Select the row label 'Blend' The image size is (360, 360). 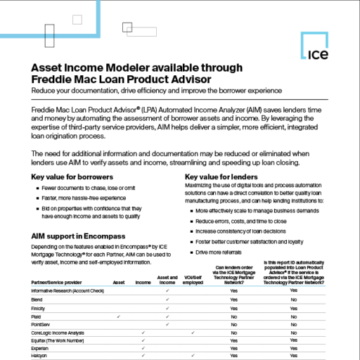click(38, 299)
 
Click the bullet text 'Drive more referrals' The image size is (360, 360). click(223, 251)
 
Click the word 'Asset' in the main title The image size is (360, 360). click(51, 67)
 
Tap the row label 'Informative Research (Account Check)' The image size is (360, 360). click(67, 290)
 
